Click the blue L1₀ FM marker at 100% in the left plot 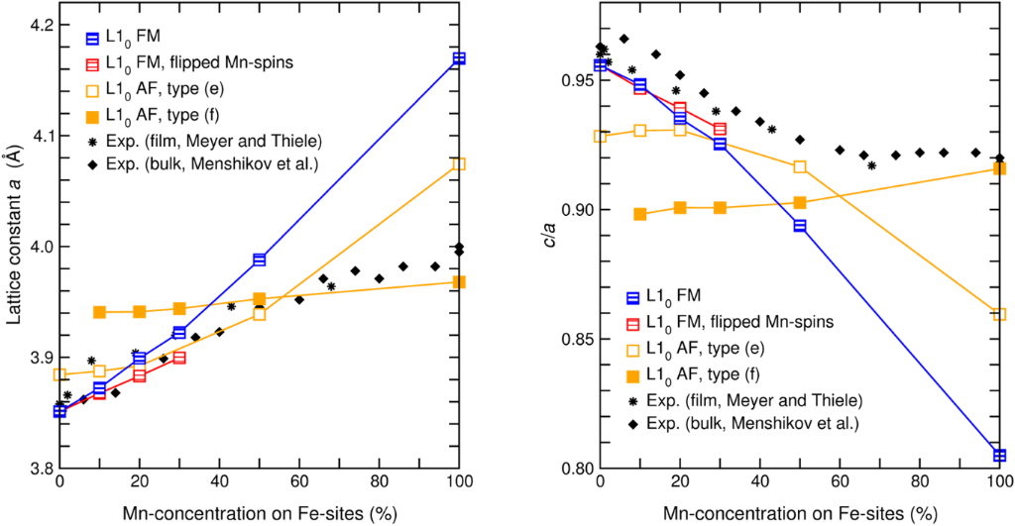[x=458, y=58]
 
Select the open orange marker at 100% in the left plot [x=458, y=163]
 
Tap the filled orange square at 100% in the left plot [x=458, y=282]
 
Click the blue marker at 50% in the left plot [x=259, y=260]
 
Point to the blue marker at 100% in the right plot [x=999, y=455]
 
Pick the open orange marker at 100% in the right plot [x=999, y=314]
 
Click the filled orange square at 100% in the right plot [x=999, y=168]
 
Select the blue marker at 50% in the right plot [x=800, y=226]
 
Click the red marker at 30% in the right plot [x=720, y=129]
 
